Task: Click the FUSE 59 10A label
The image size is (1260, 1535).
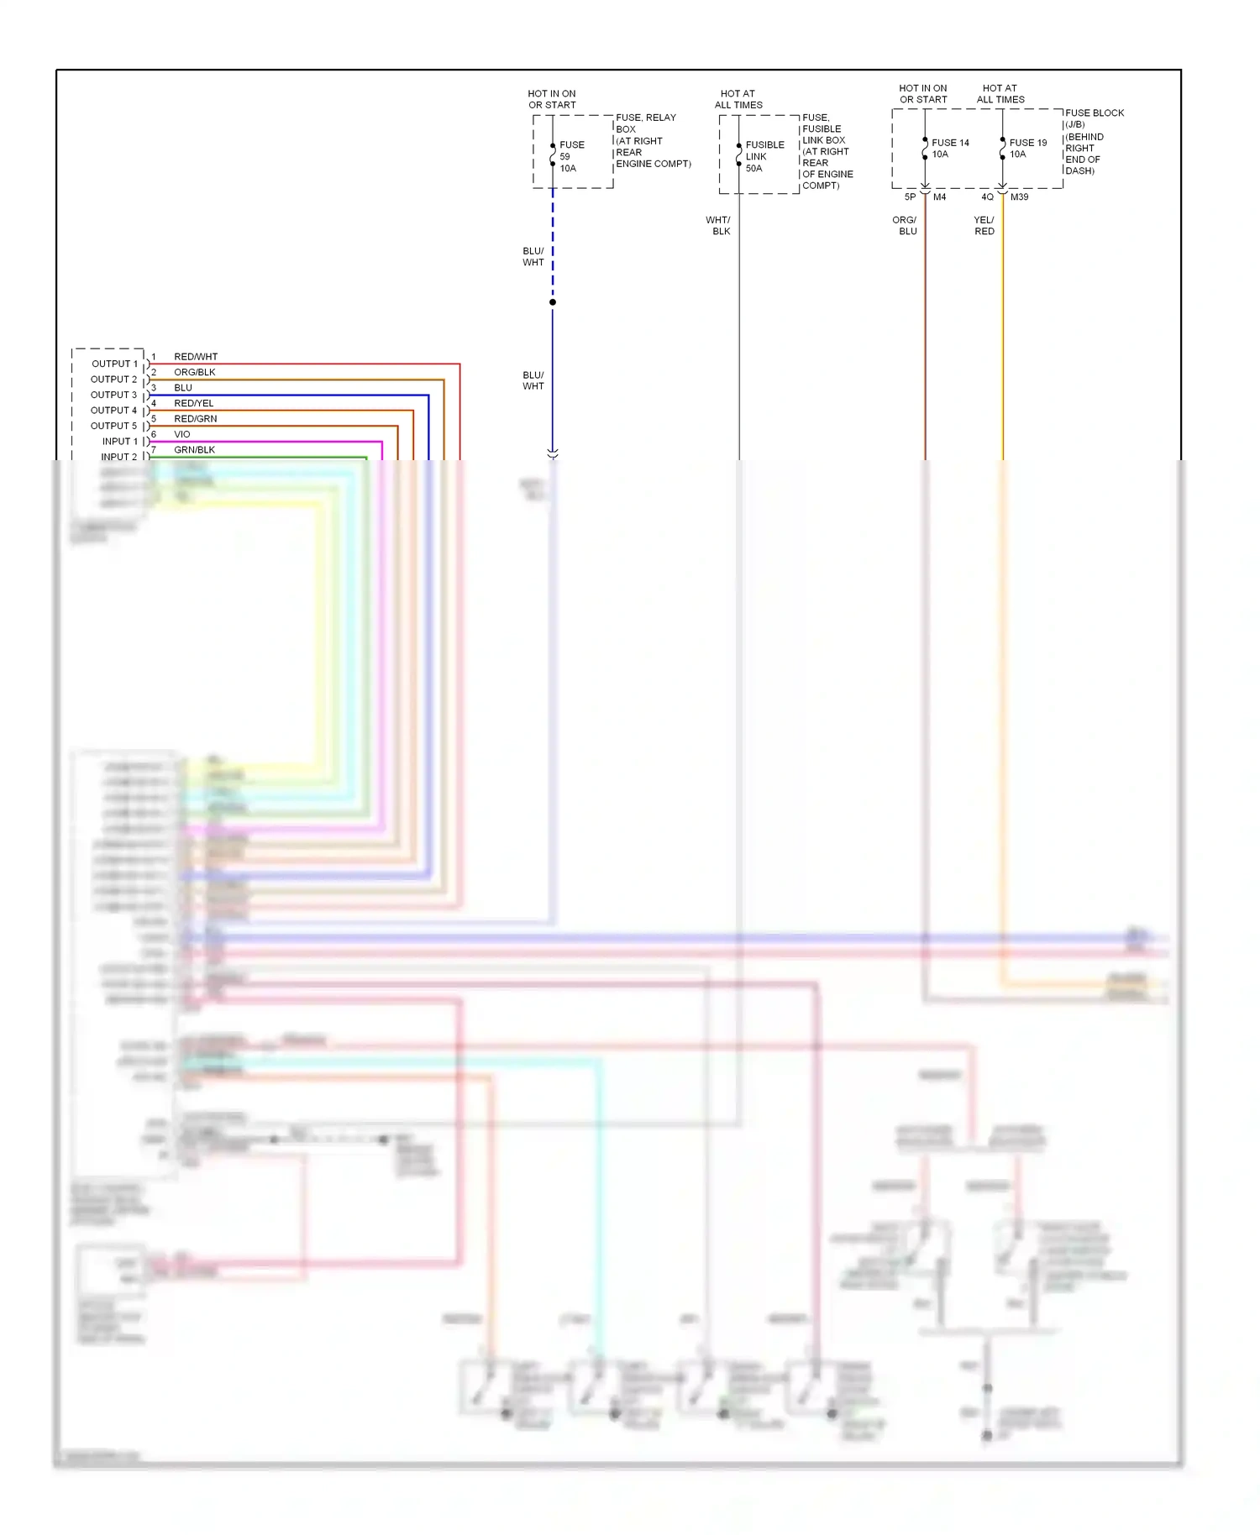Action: [x=571, y=157]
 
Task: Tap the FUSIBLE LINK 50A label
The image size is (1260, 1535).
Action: [x=764, y=157]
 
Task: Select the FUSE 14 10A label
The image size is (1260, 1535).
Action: [x=950, y=149]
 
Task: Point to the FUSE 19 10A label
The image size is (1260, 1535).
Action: [x=1028, y=149]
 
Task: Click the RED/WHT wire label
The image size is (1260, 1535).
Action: [x=196, y=357]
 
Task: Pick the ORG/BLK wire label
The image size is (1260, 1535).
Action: [x=195, y=372]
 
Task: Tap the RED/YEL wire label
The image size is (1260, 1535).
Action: [x=194, y=403]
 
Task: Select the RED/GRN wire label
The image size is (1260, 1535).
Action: [x=196, y=418]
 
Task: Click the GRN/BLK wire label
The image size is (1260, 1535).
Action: [x=195, y=450]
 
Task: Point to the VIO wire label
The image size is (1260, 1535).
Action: [x=182, y=434]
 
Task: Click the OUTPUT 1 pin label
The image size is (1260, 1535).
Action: [x=114, y=364]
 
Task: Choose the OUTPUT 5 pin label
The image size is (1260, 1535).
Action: [x=113, y=426]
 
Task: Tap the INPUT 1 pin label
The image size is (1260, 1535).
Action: [x=119, y=442]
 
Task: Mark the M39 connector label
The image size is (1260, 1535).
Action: [x=1019, y=197]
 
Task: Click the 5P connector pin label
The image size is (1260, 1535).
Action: [x=910, y=197]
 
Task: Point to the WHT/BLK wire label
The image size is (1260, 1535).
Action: [x=719, y=226]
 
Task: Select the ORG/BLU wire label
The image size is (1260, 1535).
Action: [x=906, y=226]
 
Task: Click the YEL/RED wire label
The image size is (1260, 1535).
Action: [x=984, y=226]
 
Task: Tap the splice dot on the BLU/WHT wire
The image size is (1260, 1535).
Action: [x=553, y=302]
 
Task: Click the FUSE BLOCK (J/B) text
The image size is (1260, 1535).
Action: [x=1094, y=118]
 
